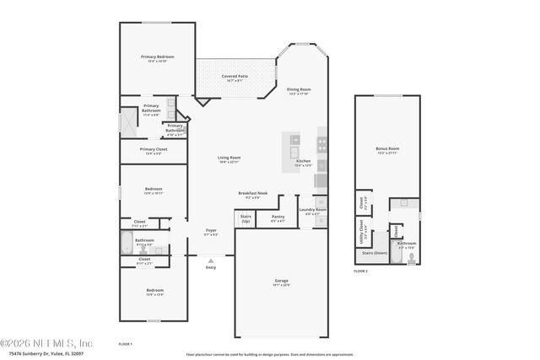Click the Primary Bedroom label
click(x=157, y=56)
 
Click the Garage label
click(x=282, y=281)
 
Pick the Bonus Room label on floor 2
click(x=387, y=148)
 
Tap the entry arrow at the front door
click(x=210, y=261)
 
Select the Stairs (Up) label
click(x=246, y=218)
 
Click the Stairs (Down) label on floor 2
click(x=374, y=252)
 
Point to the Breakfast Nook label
click(x=252, y=192)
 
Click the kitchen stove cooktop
click(x=321, y=144)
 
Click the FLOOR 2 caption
click(x=361, y=271)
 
